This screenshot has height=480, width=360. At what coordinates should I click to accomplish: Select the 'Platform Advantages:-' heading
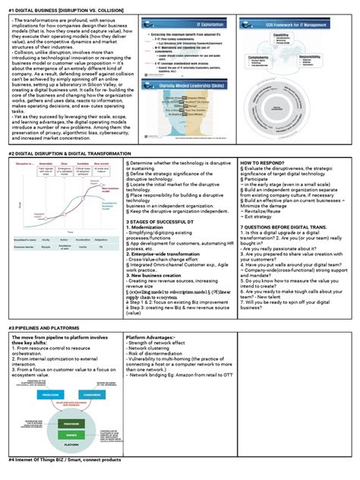(151, 337)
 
